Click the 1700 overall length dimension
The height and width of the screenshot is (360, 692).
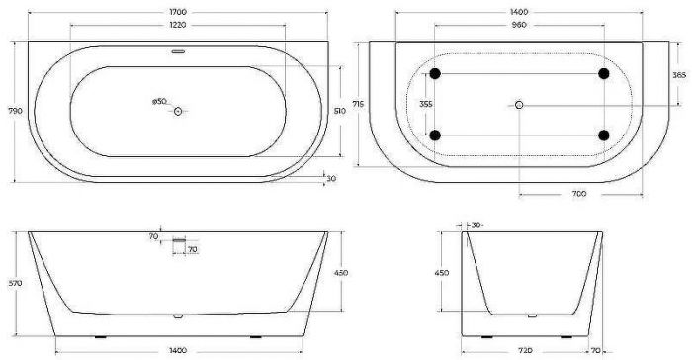tap(178, 12)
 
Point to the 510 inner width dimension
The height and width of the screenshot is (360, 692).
tap(339, 112)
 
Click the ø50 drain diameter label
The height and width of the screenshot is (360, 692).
tap(158, 101)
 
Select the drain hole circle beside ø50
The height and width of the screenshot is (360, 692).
tap(179, 112)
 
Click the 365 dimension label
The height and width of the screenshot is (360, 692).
tap(679, 75)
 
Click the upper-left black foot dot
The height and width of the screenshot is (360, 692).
tap(435, 74)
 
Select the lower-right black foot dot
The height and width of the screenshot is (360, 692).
tap(604, 135)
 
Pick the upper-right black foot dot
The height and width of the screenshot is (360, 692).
tap(604, 74)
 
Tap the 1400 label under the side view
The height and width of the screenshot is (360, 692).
tap(178, 351)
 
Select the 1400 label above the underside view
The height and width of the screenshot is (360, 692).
tap(520, 12)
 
